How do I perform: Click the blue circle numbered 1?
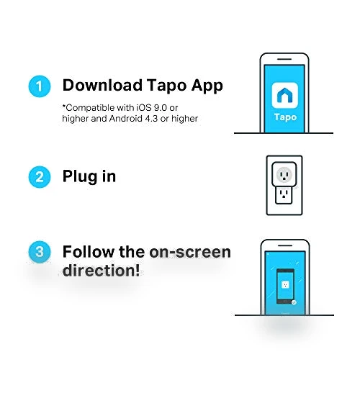[40, 86]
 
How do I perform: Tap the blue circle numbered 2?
[40, 177]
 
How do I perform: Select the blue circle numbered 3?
[40, 252]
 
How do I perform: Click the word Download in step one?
[102, 85]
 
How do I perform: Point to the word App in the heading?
[207, 86]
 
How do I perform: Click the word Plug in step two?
[80, 177]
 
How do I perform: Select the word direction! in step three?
[102, 270]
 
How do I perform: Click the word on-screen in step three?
[190, 252]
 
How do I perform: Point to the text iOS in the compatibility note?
[144, 107]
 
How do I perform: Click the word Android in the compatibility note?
[126, 119]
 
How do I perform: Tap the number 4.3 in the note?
[151, 119]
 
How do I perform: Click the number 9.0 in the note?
[161, 107]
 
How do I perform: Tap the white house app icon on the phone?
[284, 95]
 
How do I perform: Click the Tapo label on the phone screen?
[286, 117]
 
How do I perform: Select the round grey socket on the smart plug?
[284, 175]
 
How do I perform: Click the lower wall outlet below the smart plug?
[284, 195]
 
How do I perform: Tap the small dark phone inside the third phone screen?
[285, 286]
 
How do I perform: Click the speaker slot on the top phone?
[284, 59]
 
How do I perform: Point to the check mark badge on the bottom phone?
[294, 302]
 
